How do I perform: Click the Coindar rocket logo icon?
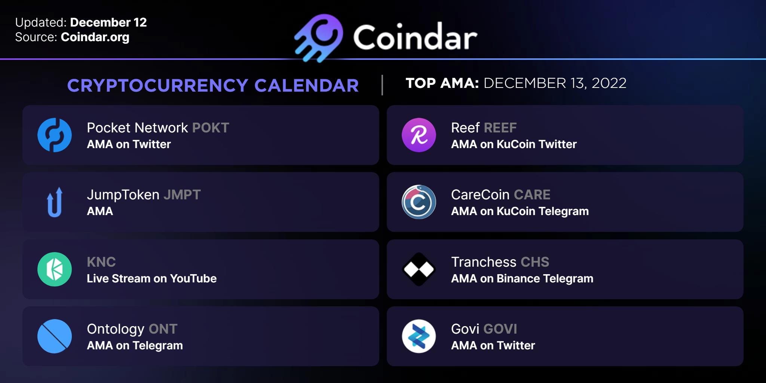pyautogui.click(x=319, y=38)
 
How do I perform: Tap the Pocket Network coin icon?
pyautogui.click(x=55, y=135)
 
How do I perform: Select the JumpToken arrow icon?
pyautogui.click(x=55, y=202)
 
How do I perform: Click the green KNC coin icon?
pyautogui.click(x=55, y=269)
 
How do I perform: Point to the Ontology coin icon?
pyautogui.click(x=55, y=336)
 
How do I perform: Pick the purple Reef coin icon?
pyautogui.click(x=419, y=135)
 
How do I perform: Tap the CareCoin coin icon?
pyautogui.click(x=419, y=202)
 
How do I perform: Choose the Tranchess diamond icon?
pyautogui.click(x=419, y=269)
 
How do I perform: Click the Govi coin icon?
pyautogui.click(x=419, y=336)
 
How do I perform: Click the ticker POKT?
pyautogui.click(x=211, y=128)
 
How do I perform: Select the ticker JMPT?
pyautogui.click(x=182, y=195)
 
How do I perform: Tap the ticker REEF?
pyautogui.click(x=500, y=128)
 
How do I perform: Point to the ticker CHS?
pyautogui.click(x=535, y=262)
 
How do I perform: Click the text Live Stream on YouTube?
pyautogui.click(x=152, y=279)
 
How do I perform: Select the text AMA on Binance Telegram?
pyautogui.click(x=522, y=279)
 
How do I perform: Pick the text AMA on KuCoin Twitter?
pyautogui.click(x=514, y=144)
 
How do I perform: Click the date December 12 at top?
pyautogui.click(x=108, y=22)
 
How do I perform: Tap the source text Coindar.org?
pyautogui.click(x=95, y=37)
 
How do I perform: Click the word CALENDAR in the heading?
pyautogui.click(x=307, y=86)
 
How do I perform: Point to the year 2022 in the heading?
pyautogui.click(x=609, y=83)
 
